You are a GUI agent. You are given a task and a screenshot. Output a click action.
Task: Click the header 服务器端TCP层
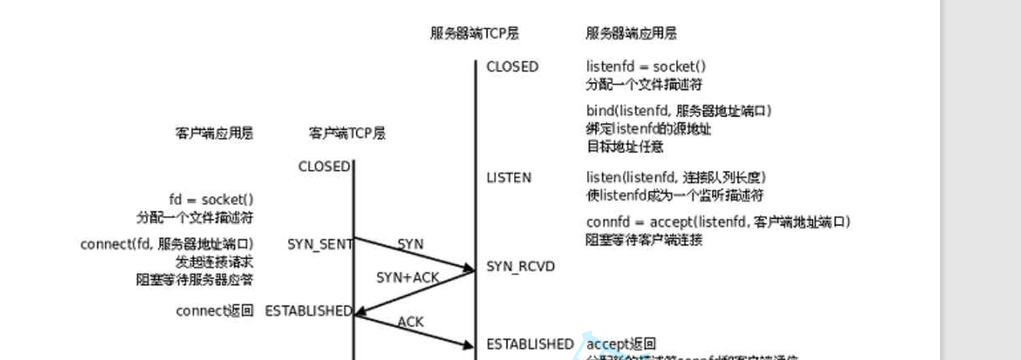tap(474, 33)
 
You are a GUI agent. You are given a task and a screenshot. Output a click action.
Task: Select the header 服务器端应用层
tap(631, 33)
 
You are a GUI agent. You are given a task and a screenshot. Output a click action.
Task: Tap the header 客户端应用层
tap(214, 133)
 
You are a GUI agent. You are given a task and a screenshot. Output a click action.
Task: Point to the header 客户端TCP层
tap(347, 133)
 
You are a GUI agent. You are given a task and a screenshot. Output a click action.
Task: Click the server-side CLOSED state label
tap(512, 67)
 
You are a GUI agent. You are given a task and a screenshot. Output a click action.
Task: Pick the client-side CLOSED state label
tap(324, 167)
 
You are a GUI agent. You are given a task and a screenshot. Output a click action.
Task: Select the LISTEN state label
tap(509, 178)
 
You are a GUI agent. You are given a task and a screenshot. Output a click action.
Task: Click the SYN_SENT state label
tap(320, 244)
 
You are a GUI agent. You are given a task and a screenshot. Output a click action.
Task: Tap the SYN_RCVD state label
tap(520, 266)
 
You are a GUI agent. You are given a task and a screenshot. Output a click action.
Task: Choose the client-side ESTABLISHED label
tap(309, 311)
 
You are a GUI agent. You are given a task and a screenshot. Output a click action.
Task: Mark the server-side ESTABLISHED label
tap(530, 344)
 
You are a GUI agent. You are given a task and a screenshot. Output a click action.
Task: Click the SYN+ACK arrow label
tap(407, 277)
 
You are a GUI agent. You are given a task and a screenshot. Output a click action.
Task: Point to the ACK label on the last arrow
tap(411, 322)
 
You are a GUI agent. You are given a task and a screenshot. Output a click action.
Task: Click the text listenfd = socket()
tap(646, 67)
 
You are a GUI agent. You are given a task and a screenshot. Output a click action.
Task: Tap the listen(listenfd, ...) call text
tap(676, 178)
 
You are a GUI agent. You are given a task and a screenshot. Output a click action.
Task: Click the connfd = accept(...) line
tap(718, 222)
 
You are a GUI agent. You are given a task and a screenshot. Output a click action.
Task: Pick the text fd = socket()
tap(211, 200)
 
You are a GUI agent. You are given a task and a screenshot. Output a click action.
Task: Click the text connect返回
tap(214, 311)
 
